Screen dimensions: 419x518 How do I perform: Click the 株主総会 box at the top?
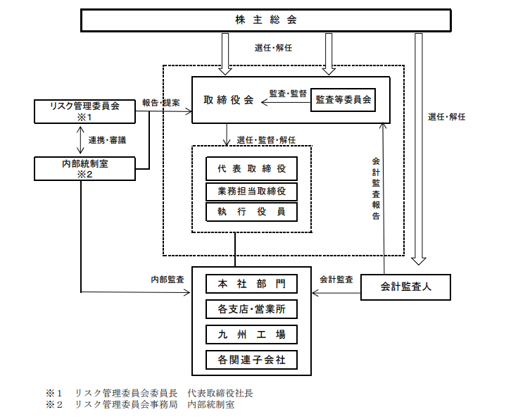(x=267, y=20)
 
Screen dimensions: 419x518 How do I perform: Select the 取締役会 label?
(x=228, y=101)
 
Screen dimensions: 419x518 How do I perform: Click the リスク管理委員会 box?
(x=85, y=111)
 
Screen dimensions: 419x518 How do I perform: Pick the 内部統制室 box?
(x=85, y=168)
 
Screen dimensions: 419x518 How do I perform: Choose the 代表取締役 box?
(x=251, y=169)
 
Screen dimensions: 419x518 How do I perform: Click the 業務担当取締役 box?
(x=251, y=191)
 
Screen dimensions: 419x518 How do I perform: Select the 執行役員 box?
(x=251, y=212)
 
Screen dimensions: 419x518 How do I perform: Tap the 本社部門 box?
(x=251, y=284)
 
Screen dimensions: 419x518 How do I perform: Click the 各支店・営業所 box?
(x=251, y=308)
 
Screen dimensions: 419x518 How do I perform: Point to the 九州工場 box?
(x=251, y=334)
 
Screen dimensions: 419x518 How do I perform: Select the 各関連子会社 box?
(x=251, y=360)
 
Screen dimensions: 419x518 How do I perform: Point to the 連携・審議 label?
(x=107, y=140)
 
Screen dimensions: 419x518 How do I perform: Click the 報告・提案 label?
(x=160, y=102)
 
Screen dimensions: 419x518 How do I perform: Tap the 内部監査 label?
(x=168, y=279)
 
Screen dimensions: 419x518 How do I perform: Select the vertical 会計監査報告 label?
(x=376, y=189)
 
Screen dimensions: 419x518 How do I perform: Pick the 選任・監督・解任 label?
(x=266, y=139)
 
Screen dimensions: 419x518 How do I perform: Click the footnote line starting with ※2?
(x=140, y=404)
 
